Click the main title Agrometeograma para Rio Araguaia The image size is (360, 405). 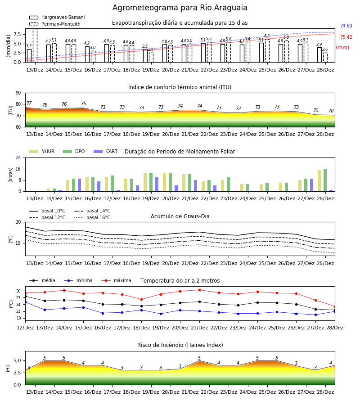pos(180,8)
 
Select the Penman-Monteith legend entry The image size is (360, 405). pos(55,24)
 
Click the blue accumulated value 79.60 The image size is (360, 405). pos(346,26)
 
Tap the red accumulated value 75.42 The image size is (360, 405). pos(346,37)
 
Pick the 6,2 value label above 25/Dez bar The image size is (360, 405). pos(267,36)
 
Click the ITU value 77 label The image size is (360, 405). pos(29,103)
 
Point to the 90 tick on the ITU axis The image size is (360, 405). pos(18,93)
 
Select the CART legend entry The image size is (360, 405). pos(106,151)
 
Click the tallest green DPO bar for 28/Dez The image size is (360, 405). pos(325,180)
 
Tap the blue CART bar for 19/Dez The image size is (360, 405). pos(157,184)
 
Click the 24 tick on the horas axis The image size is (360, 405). pos(18,157)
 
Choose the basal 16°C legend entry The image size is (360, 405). pos(92,217)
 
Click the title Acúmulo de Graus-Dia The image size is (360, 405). pos(180,216)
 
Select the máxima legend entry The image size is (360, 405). pos(116,280)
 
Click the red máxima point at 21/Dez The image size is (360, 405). pos(199,290)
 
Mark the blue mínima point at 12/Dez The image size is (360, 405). pos(25,302)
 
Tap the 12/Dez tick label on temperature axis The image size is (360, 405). pos(25,328)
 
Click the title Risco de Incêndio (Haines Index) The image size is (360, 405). pos(180,345)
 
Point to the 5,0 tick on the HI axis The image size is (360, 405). pos(17,361)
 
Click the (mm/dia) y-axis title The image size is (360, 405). pos(8,46)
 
